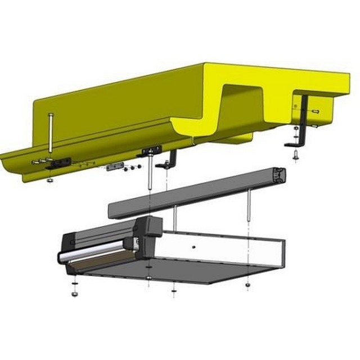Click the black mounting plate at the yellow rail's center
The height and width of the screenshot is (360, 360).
pyautogui.click(x=151, y=151)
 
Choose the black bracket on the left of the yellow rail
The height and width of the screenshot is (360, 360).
pyautogui.click(x=58, y=164)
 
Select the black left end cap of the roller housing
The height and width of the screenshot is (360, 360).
pyautogui.click(x=67, y=247)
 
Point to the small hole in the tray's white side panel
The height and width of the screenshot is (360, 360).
pyautogui.click(x=193, y=246)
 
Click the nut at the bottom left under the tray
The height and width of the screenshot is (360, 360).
pyautogui.click(x=74, y=293)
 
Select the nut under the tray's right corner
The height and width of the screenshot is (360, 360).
pyautogui.click(x=247, y=285)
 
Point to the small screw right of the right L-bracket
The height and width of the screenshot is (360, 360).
pyautogui.click(x=316, y=111)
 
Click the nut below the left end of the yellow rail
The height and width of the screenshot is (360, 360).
pyautogui.click(x=50, y=180)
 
